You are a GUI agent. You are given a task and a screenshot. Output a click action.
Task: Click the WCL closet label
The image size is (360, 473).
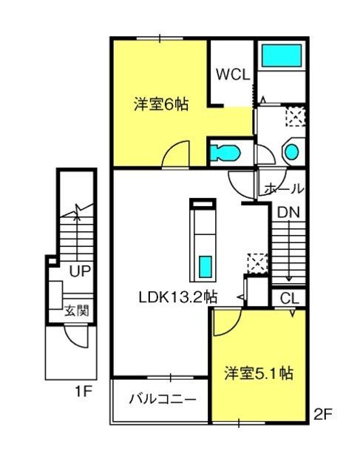pyautogui.click(x=233, y=75)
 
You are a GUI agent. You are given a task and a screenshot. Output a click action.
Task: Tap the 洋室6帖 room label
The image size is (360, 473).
pyautogui.click(x=161, y=105)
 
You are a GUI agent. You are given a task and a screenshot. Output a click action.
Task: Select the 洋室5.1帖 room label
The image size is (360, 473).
pyautogui.click(x=258, y=373)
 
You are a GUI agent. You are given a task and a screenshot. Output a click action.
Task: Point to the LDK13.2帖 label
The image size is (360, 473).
pyautogui.click(x=178, y=297)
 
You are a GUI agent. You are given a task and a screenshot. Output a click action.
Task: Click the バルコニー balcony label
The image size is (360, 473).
pyautogui.click(x=163, y=400)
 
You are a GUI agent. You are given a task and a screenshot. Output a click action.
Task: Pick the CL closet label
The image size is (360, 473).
pyautogui.click(x=289, y=299)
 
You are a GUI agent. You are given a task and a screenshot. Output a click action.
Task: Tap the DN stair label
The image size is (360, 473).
pyautogui.click(x=288, y=213)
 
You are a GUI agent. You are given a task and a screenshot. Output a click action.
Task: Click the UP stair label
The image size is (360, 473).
pyautogui.click(x=80, y=271)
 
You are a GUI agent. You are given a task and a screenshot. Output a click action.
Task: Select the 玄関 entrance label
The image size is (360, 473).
pyautogui.click(x=78, y=310)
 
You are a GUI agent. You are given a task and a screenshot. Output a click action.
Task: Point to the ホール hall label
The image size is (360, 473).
pyautogui.click(x=284, y=189)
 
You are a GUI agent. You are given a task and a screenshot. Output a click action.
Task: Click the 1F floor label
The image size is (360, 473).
pyautogui.click(x=83, y=392)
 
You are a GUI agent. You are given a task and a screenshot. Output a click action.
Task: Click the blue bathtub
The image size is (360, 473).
pyautogui.click(x=282, y=55)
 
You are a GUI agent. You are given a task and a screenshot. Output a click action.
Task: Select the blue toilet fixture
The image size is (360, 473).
pyautogui.click(x=225, y=152)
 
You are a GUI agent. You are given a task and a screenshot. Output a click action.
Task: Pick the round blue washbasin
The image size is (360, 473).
pyautogui.click(x=292, y=152)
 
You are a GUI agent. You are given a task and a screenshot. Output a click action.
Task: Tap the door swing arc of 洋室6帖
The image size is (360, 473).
pyautogui.click(x=171, y=148)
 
